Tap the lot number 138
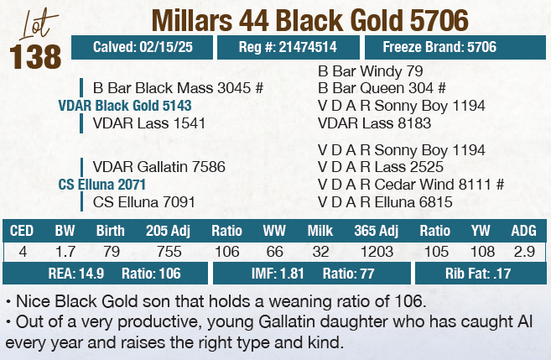[36, 57]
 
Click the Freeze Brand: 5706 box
[439, 48]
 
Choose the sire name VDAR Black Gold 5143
[125, 105]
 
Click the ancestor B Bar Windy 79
[371, 70]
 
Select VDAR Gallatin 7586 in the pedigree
[159, 166]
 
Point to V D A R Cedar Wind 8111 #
[410, 184]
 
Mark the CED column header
[22, 230]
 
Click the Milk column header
[320, 230]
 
